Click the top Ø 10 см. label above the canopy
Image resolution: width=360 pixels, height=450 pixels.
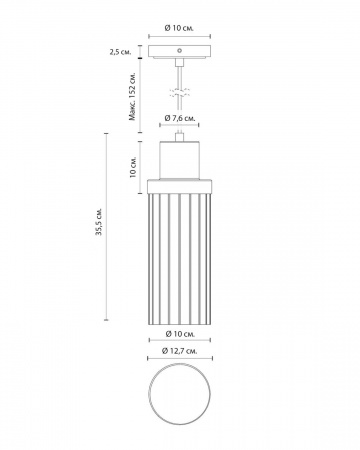coord(179,28)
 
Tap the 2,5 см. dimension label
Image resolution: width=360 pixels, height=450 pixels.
coord(121,52)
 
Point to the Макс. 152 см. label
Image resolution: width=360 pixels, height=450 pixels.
coord(133,96)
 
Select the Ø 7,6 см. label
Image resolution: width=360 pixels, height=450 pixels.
coord(180,118)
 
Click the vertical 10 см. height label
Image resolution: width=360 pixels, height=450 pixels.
coord(133,167)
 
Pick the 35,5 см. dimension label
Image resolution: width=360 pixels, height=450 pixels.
coord(99,222)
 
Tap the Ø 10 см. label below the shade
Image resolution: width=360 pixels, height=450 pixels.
coord(180,333)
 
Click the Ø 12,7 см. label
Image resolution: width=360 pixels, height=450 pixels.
coord(179,351)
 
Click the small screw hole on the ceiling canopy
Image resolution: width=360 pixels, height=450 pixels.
coord(179,51)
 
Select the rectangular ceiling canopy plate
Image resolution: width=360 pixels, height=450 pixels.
coord(179,52)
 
